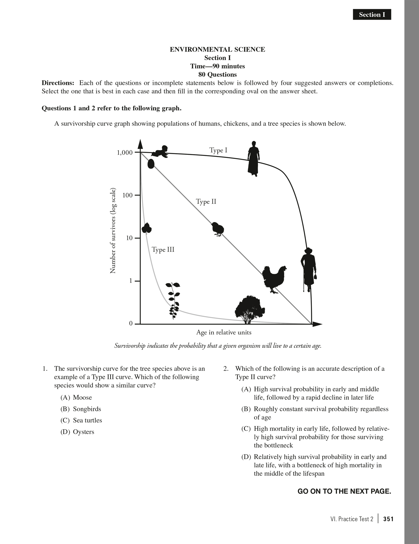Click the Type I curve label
(218, 150)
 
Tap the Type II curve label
(206, 202)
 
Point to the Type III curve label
(163, 249)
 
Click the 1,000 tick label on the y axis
(125, 153)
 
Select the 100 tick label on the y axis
(127, 195)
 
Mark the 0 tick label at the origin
(131, 324)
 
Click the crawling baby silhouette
(160, 152)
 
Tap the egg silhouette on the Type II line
(151, 164)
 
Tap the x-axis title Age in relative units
(224, 332)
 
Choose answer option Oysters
(84, 432)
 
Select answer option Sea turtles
(87, 420)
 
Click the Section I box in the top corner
(372, 15)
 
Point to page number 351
(388, 519)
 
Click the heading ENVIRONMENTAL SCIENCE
(217, 50)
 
